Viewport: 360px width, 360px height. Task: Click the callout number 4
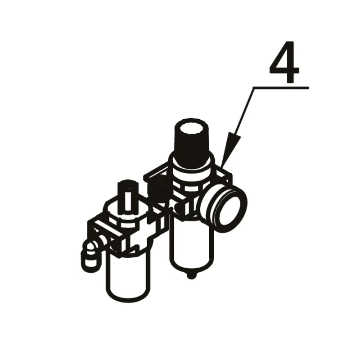point(284,62)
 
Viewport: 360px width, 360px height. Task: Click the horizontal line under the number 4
point(281,87)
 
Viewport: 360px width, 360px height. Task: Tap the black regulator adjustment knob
point(192,141)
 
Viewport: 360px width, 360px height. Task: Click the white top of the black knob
point(192,128)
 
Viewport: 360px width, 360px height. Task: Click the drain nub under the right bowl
point(191,275)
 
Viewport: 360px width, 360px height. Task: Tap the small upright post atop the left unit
point(127,198)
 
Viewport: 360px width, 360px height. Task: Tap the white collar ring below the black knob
point(191,170)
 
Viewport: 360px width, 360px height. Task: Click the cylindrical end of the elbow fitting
point(90,262)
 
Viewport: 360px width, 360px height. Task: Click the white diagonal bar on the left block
point(108,227)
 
